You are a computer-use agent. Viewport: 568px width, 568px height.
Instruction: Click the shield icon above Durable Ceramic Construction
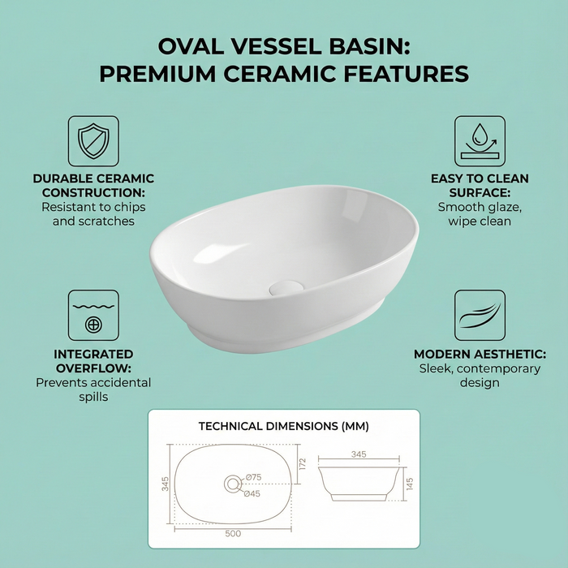[x=93, y=141]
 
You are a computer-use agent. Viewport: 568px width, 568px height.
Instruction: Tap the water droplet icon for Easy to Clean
[x=479, y=141]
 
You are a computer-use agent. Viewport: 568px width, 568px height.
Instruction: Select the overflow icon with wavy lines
[x=93, y=316]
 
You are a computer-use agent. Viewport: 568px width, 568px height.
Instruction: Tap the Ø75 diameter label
[x=254, y=477]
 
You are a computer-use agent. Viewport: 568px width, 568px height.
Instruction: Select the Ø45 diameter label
[x=253, y=493]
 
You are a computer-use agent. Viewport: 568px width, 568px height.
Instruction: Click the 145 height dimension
[x=410, y=484]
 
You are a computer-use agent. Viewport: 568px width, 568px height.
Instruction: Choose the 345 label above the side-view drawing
[x=359, y=455]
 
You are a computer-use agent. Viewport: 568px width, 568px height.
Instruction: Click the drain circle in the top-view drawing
[x=233, y=484]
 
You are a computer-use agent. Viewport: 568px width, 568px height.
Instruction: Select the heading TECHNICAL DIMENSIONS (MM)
[x=283, y=425]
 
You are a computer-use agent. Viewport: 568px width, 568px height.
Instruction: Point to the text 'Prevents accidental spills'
[x=93, y=390]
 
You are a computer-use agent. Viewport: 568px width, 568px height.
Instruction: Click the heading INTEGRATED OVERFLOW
[x=93, y=361]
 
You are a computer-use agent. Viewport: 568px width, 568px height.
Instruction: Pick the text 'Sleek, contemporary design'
[x=479, y=376]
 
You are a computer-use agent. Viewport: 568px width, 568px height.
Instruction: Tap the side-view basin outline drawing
[x=358, y=484]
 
